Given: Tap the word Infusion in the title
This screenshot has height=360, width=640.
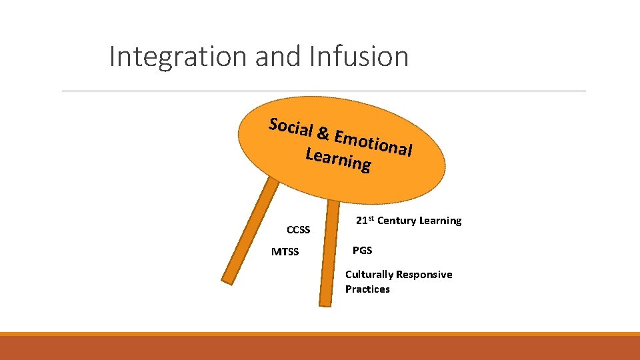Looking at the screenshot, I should pyautogui.click(x=359, y=57).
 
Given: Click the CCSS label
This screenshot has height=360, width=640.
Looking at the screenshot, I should pyautogui.click(x=298, y=230).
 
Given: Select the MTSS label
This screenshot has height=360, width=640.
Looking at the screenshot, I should pyautogui.click(x=285, y=252).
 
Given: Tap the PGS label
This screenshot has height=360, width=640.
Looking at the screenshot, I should pyautogui.click(x=362, y=251).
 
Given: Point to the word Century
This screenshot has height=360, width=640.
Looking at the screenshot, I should pyautogui.click(x=397, y=221).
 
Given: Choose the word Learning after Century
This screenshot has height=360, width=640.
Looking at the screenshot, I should pyautogui.click(x=440, y=221).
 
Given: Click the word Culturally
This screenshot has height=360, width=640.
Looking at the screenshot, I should pyautogui.click(x=369, y=275).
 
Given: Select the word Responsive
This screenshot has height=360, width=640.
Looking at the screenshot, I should pyautogui.click(x=424, y=275).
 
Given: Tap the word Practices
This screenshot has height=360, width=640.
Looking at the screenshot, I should pyautogui.click(x=367, y=289).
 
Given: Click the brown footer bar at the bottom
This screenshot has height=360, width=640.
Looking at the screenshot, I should pyautogui.click(x=320, y=348).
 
